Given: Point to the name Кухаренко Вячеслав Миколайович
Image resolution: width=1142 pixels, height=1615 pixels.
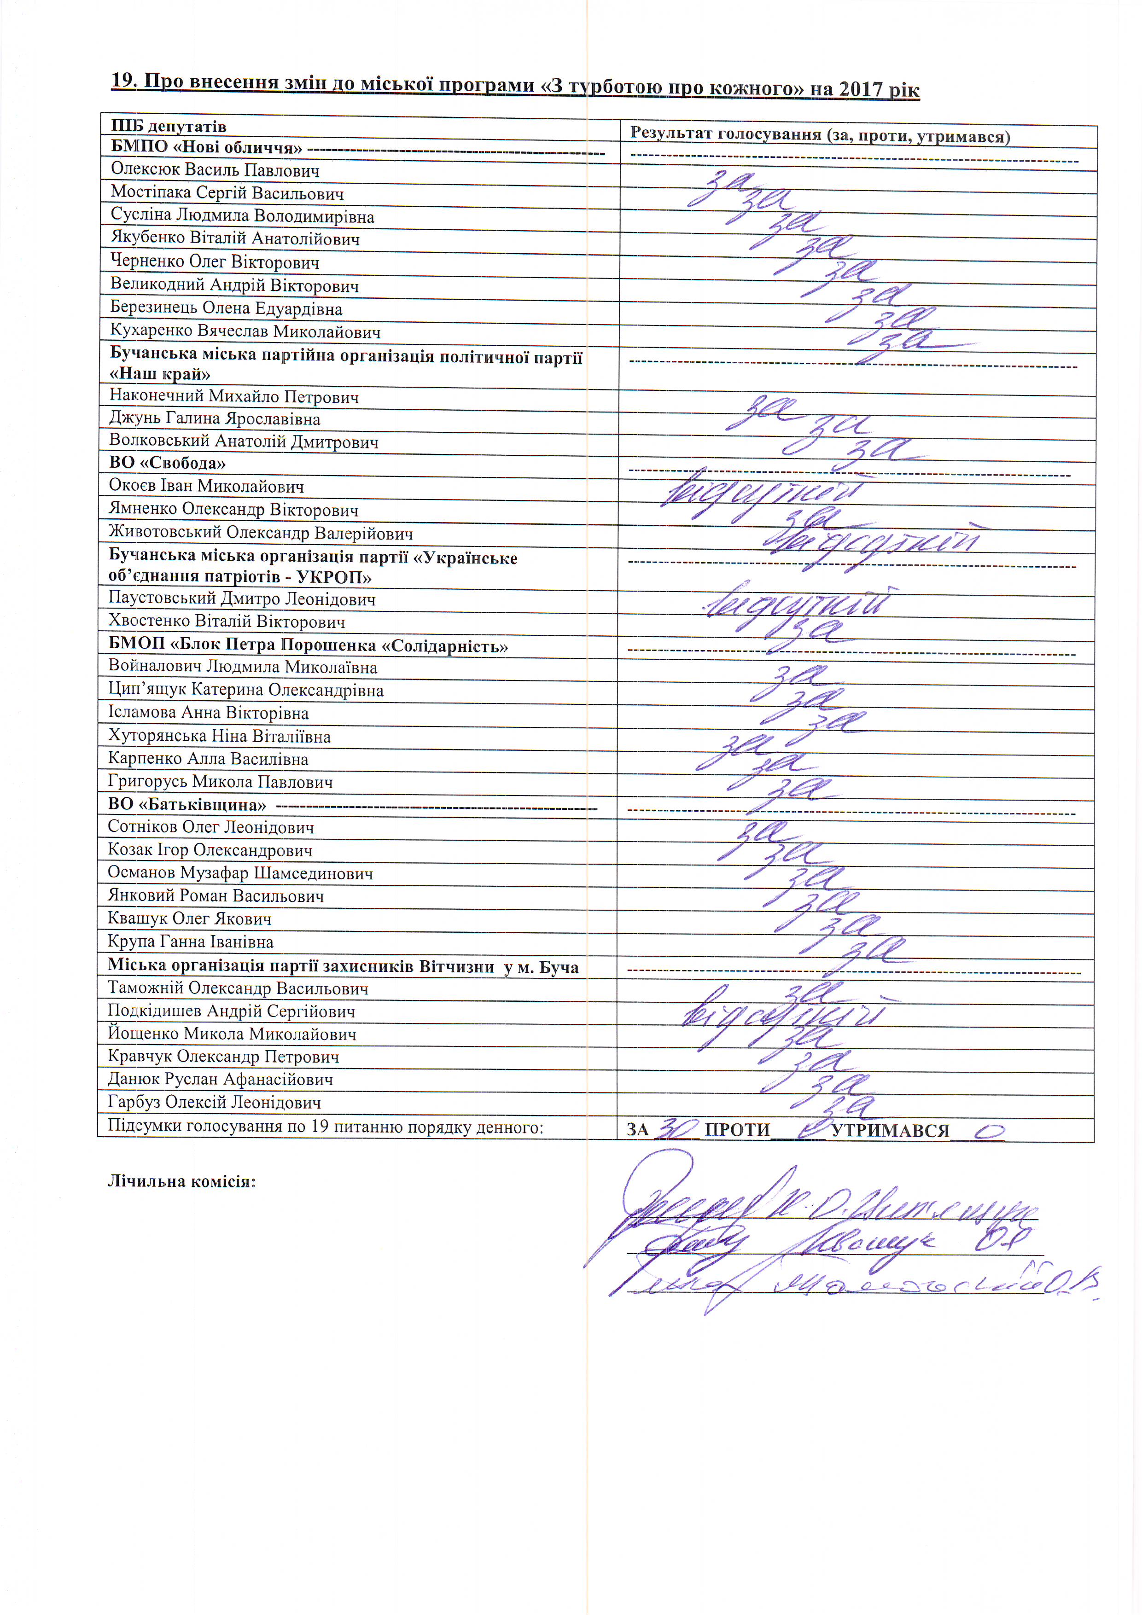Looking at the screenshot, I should (245, 331).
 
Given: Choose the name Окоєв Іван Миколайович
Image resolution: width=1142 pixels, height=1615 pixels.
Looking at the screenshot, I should (206, 486).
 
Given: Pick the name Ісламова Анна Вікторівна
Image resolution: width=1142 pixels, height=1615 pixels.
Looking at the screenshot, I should (208, 713).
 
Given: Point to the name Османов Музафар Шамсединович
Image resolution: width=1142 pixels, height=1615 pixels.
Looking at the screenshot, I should (240, 874).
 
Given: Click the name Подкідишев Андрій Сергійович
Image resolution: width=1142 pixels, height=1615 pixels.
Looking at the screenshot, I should (231, 1011).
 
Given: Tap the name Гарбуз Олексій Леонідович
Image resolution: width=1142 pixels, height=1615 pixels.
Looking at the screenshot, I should (214, 1102).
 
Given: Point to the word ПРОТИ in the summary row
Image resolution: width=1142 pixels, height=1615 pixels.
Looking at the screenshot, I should (737, 1130).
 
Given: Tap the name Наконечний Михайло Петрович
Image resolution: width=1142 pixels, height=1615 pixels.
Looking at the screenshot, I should (233, 397).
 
